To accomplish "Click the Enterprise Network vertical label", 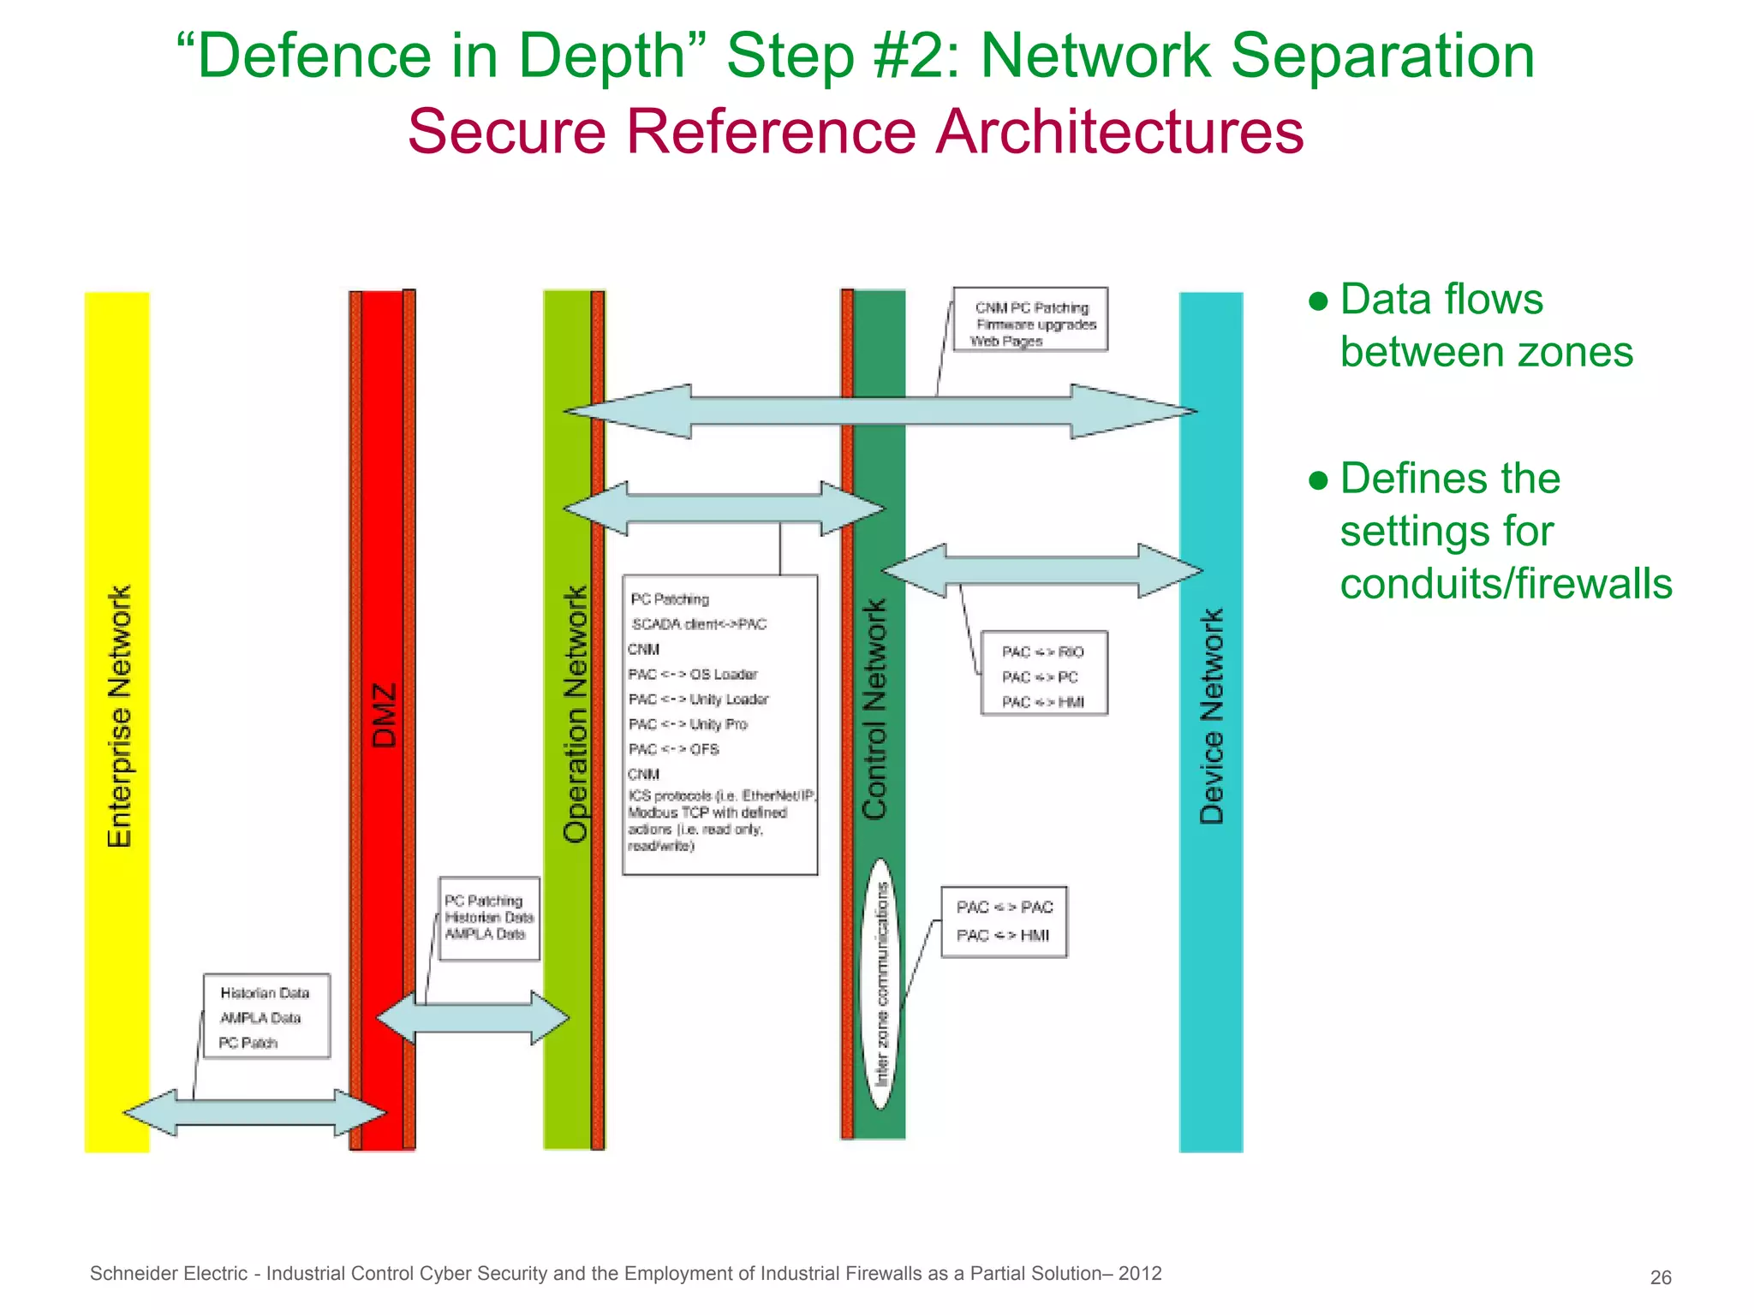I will (119, 717).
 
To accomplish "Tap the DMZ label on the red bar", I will (385, 715).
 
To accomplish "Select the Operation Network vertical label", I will (576, 715).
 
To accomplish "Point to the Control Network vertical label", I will (874, 710).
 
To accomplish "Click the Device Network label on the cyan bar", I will (1211, 717).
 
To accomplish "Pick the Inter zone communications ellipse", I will (880, 985).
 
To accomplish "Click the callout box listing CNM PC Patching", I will (1030, 319).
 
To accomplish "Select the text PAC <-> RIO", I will (1042, 652).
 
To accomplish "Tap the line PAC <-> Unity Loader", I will (698, 699).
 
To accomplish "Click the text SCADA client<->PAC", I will (699, 624).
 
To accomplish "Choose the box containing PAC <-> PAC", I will (1004, 921).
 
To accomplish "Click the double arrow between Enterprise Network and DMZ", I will (254, 1112).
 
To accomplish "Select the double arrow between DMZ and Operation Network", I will (473, 1018).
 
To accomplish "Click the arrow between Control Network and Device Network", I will (1041, 570).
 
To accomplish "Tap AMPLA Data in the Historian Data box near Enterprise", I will (260, 1018).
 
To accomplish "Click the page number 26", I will (1660, 1277).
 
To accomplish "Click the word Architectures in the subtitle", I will (1119, 132).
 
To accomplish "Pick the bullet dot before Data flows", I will (1318, 301).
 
